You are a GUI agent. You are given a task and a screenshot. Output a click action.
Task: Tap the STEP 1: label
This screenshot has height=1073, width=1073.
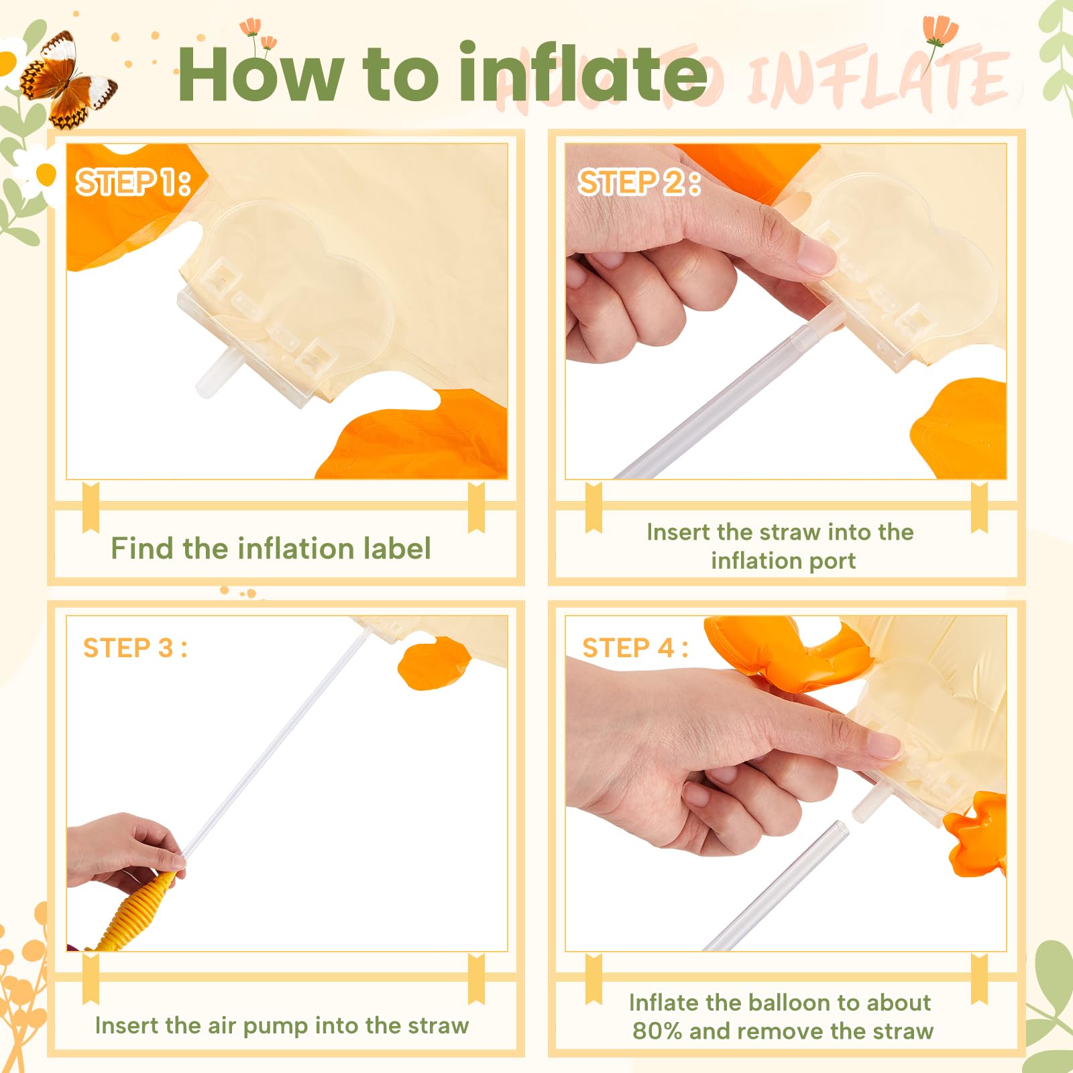(x=133, y=182)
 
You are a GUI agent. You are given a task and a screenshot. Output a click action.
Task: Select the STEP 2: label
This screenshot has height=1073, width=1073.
(x=639, y=182)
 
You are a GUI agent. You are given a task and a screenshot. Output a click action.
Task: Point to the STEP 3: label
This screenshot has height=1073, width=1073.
(x=135, y=648)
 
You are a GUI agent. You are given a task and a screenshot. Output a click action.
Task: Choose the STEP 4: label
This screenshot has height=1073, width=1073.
(x=635, y=648)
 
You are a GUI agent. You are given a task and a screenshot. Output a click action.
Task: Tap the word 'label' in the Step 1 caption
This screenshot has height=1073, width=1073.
(x=396, y=548)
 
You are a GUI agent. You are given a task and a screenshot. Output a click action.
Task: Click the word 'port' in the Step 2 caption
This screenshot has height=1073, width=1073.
(x=832, y=561)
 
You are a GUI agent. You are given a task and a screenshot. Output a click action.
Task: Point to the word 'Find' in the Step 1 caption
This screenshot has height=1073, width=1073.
(x=142, y=548)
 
